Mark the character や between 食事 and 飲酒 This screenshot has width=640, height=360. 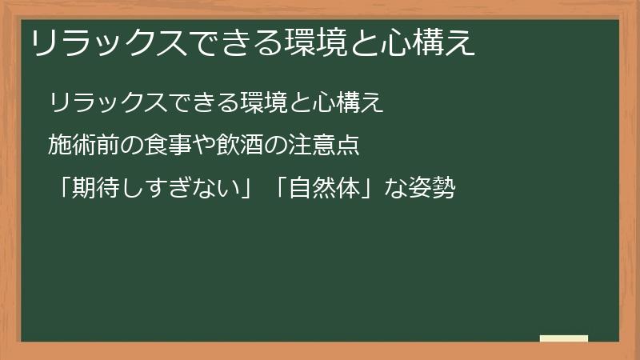[x=207, y=146]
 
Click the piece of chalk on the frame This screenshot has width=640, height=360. [x=563, y=338]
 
